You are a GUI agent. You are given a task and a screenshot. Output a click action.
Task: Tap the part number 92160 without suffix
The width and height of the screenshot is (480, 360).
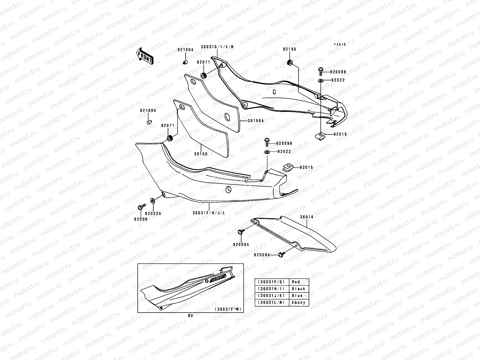pos(289,49)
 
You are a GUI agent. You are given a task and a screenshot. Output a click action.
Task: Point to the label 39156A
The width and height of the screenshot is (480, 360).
pos(256,121)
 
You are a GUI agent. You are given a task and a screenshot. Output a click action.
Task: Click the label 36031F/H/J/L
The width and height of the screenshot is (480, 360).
pos(209,213)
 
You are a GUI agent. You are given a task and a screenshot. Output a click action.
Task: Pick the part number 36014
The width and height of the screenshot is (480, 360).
pos(306,217)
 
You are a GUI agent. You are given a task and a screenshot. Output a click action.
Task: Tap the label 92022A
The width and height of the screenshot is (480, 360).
pos(153,214)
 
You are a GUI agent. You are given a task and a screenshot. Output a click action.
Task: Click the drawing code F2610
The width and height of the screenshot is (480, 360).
pos(340,44)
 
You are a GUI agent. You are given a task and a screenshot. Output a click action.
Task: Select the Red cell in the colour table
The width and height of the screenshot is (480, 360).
pos(296,282)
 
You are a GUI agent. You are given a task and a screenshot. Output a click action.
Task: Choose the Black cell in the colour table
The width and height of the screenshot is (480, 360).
pos(298,289)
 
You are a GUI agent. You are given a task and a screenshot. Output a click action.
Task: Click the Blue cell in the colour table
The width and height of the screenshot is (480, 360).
pos(297,296)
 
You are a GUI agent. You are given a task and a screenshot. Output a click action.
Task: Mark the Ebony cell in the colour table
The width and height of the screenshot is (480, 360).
pos(298,303)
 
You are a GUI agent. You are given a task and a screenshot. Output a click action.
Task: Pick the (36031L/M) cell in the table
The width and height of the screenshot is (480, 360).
pos(271,303)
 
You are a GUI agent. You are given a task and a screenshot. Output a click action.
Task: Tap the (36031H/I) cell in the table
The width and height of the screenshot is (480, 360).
pos(271,289)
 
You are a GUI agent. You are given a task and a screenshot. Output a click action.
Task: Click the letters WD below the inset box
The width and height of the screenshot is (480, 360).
pos(190,316)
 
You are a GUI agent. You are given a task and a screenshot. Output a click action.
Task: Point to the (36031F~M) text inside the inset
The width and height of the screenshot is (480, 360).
pos(228,309)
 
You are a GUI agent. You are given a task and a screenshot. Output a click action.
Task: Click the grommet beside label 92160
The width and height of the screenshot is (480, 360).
pos(290,63)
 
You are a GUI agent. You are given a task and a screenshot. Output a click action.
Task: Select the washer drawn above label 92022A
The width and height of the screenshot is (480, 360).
pos(152,200)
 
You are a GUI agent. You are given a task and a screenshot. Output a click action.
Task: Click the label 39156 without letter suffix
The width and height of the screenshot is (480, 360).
pos(201,154)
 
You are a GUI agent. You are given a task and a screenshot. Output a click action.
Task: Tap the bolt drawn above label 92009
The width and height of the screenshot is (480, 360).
pos(141,206)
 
